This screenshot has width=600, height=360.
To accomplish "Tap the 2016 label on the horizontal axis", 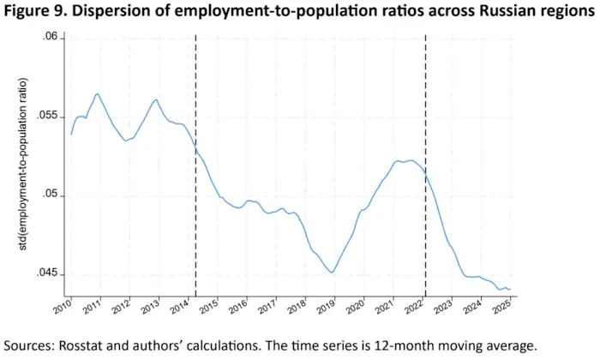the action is [240, 307].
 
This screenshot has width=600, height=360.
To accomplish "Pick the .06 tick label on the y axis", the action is [50, 37].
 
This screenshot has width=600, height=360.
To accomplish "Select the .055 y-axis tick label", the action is [46, 117].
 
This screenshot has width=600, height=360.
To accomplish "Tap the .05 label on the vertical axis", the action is [50, 195].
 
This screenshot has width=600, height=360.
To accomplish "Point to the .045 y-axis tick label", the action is [46, 273].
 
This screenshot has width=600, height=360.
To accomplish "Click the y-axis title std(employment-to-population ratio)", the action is [23, 164].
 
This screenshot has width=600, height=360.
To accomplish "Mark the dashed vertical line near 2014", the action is [195, 165].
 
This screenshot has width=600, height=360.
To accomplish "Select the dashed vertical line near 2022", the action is [425, 165].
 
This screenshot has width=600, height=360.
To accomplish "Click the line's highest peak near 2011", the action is [97, 93].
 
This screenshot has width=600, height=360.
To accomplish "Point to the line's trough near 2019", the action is [332, 273].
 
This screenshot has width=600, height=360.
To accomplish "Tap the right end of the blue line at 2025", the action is [510, 289].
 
